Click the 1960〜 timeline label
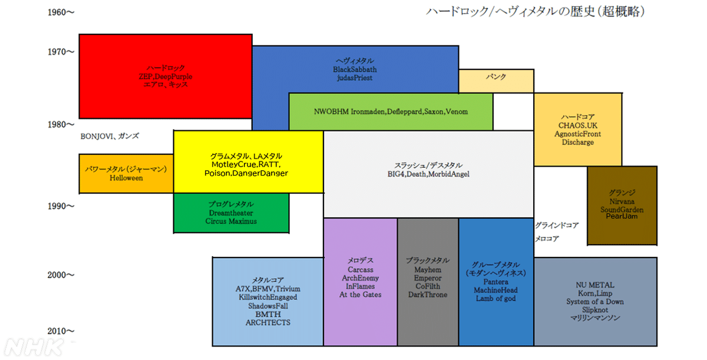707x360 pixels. pos(61,12)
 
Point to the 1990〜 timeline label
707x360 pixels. pos(61,206)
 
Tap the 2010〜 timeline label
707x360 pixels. pos(61,331)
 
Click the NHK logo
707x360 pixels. pos(34,348)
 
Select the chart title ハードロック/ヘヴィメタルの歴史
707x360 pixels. pos(510,12)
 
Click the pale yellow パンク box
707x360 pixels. pos(496,81)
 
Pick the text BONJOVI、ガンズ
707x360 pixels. pos(110,136)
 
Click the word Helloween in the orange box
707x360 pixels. pos(126,178)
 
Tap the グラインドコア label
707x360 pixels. pos(557,225)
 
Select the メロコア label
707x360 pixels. pos(547,239)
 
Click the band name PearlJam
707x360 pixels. pos(622,216)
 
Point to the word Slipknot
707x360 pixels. pos(595,310)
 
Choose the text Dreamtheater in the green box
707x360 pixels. pos(231,213)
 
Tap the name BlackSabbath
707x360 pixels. pos(355,70)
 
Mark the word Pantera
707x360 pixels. pos(496,282)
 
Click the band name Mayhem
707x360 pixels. pos(428,270)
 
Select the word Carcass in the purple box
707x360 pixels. pos(361,270)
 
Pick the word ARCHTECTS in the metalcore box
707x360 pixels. pos(268,322)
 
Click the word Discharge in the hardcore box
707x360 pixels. pos(577,143)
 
